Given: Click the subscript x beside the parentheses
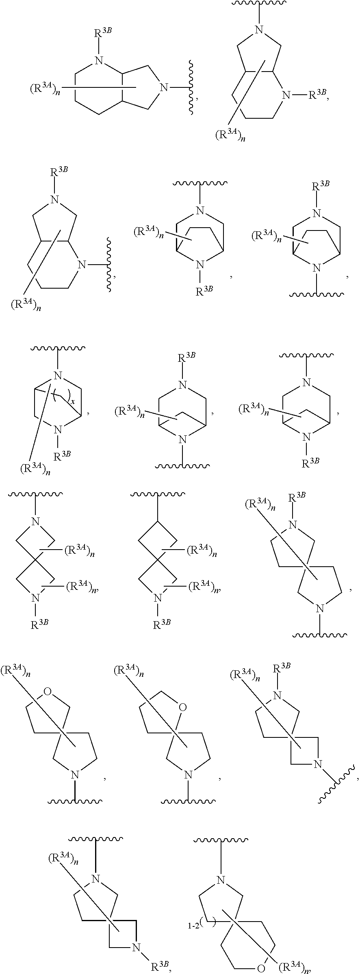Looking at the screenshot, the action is point(73,401).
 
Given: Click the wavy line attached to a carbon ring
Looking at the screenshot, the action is point(158,494).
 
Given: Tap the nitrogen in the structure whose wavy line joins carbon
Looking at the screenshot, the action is point(158,598).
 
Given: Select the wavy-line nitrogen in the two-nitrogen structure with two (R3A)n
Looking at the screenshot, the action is point(36,522).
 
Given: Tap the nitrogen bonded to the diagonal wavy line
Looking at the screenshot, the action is point(318,764).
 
